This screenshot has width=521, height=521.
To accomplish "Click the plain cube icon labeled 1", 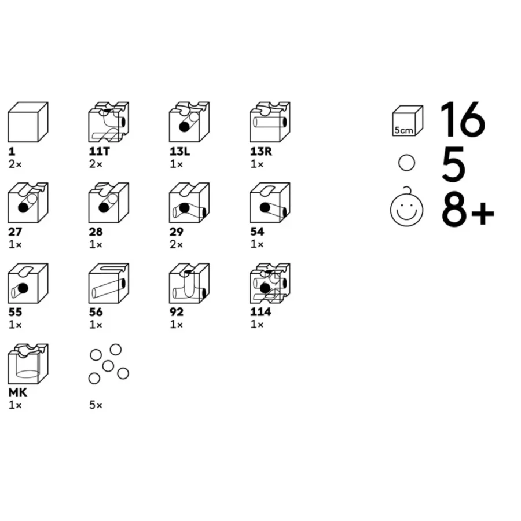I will pos(27,122).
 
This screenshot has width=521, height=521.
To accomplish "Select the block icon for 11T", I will pos(108,122).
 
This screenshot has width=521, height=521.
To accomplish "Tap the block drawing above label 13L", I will pos(189,122).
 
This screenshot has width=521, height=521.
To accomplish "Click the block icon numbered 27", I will pos(27,203).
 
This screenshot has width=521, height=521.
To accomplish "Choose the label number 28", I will pos(96,232).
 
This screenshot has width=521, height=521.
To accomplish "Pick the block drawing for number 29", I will pos(189,203).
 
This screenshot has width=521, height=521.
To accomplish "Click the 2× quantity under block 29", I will pos(176,244).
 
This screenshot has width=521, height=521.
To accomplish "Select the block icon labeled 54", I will pos(270,203).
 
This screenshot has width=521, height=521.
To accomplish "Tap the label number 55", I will pos(16,312).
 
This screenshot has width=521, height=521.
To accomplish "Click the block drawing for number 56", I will pos(108,283).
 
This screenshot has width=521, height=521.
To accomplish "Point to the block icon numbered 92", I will pos(189,283).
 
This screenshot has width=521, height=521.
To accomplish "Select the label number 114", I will pos(260,312).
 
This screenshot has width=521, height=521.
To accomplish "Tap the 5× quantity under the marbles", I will pos(96,405).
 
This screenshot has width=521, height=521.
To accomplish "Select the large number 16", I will pos(463,120).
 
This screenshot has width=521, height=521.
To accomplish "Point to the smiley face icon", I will pos(407,208).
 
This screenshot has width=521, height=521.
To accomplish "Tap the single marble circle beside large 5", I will pos(407,164).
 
